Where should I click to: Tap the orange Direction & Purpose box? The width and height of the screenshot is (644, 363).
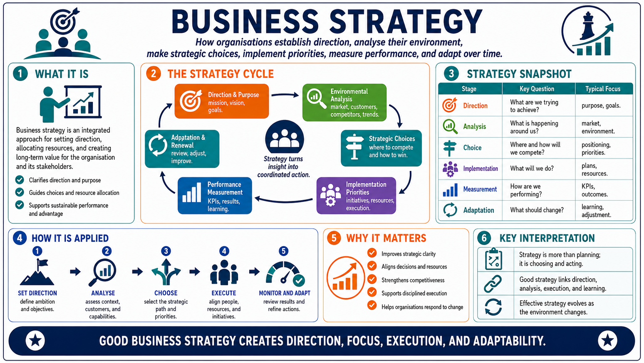(x=221, y=101)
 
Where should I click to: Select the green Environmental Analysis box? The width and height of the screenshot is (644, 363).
(x=344, y=103)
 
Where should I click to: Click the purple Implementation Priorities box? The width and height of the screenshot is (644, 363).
(x=356, y=196)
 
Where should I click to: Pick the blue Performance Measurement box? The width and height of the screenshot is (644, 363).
(x=215, y=196)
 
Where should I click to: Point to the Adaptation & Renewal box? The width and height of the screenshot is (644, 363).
(x=182, y=149)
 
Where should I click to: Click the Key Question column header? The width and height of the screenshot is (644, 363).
(x=537, y=89)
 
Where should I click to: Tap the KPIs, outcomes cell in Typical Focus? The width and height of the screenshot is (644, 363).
(x=595, y=190)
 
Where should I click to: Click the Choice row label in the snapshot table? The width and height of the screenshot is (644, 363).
(x=472, y=148)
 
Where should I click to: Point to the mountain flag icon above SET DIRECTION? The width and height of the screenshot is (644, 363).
(x=37, y=272)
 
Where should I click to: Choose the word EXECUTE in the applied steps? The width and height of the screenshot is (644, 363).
(x=224, y=293)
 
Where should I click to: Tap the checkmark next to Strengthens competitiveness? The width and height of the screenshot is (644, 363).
(x=372, y=279)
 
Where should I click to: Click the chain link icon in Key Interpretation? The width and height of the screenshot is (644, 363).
(x=493, y=284)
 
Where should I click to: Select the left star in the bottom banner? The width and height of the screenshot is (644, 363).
(x=35, y=341)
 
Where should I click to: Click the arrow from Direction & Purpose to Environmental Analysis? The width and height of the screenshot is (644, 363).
(x=285, y=95)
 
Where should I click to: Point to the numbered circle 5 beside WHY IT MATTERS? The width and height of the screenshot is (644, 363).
(x=334, y=238)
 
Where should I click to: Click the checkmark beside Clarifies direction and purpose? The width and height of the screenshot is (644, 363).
(x=20, y=180)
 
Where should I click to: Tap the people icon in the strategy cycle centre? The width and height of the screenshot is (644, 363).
(x=285, y=137)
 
